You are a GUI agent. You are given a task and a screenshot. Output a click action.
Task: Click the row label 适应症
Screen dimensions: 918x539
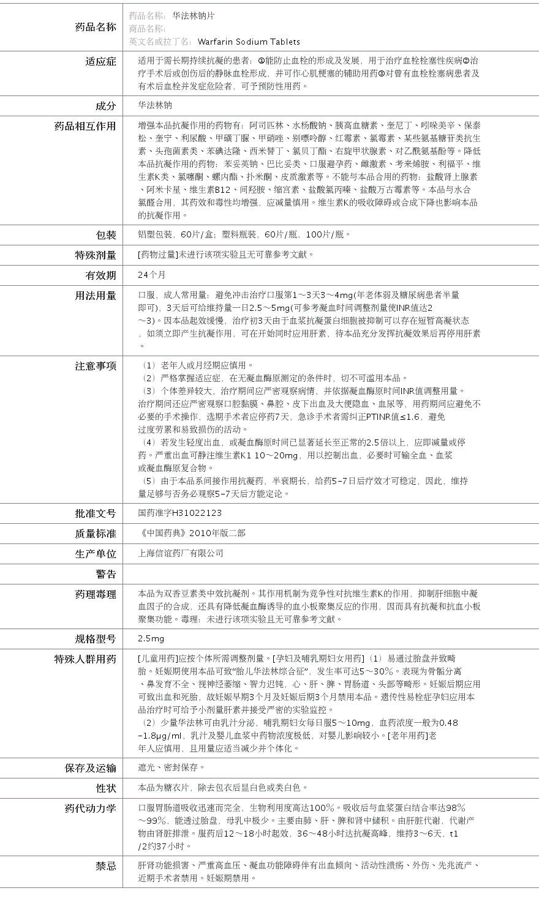[x=100, y=61]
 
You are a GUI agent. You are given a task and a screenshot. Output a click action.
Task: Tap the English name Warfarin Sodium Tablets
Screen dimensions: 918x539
[x=249, y=42]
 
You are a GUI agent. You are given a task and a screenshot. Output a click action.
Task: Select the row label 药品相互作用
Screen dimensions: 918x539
[x=85, y=126]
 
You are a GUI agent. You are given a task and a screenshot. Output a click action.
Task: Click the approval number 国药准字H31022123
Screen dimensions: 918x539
[x=180, y=513]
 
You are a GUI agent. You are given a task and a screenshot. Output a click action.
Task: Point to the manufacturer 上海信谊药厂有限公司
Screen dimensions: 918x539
[x=181, y=553]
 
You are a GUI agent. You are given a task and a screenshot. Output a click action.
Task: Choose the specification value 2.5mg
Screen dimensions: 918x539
[x=151, y=638]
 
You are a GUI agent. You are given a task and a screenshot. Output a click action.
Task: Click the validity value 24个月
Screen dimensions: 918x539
[x=152, y=275]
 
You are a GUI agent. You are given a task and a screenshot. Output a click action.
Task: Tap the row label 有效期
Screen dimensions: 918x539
[x=100, y=275]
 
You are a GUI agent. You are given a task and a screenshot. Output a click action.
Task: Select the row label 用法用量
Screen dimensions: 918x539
[x=96, y=296]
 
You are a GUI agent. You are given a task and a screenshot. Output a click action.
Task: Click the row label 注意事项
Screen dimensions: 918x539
[x=96, y=366]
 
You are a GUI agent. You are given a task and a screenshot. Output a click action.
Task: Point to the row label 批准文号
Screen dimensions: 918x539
[x=96, y=513]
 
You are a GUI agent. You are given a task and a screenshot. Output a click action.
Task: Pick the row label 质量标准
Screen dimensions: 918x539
[x=96, y=534]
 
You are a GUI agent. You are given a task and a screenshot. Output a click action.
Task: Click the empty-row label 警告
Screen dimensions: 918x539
[x=105, y=574]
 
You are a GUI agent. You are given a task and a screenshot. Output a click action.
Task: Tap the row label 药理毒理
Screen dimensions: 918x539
[x=96, y=594]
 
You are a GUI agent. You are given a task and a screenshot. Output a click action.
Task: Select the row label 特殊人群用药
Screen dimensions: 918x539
[x=85, y=659]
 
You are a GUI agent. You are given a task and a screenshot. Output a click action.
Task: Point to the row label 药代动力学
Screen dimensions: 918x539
[x=90, y=808]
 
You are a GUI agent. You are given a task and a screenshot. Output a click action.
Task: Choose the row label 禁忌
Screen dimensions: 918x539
[x=105, y=866]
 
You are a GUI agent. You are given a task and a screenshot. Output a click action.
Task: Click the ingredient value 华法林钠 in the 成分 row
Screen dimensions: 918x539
[x=155, y=105]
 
